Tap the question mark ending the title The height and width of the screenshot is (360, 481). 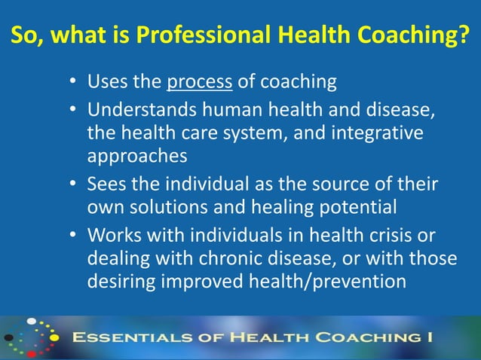(472, 36)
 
